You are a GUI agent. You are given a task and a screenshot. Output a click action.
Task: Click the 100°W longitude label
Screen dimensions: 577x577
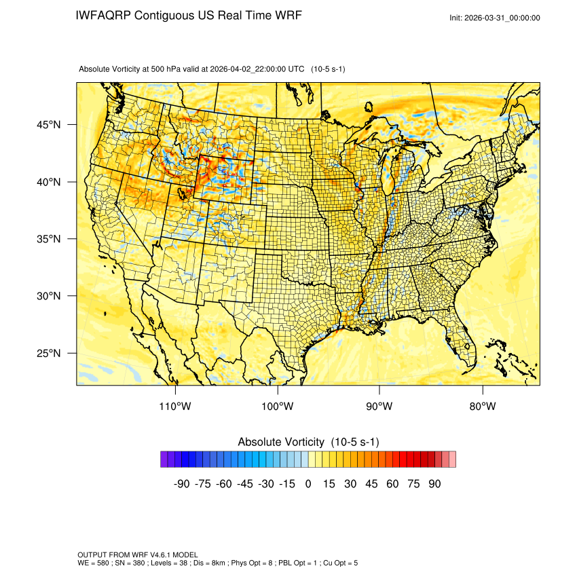coord(278,407)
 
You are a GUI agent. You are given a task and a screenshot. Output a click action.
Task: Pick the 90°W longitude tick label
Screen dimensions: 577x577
coord(379,407)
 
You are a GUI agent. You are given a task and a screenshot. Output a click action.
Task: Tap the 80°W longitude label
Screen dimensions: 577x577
coord(482,407)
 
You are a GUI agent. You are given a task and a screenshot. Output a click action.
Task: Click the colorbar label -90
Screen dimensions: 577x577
coord(181,484)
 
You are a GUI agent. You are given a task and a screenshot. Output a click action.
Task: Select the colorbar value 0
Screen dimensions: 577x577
coord(308,484)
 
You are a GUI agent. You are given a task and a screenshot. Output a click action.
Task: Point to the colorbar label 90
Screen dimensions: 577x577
coord(434,484)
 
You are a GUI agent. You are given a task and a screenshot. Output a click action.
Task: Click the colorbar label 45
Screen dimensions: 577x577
coord(371,484)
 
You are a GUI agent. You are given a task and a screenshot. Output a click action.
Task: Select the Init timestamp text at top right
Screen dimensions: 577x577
coord(495,18)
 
